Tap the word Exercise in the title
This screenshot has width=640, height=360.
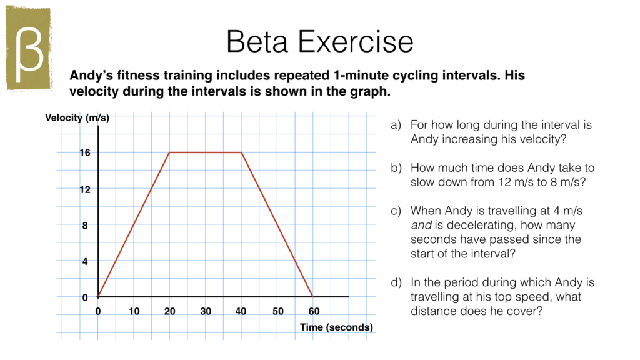[x=356, y=42]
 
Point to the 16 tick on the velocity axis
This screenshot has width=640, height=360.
[x=84, y=152]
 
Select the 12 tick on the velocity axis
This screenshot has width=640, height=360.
[x=84, y=189]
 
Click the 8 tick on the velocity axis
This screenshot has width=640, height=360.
[x=86, y=226]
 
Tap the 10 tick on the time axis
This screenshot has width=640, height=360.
[x=134, y=311]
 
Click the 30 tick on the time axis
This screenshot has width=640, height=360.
[x=206, y=311]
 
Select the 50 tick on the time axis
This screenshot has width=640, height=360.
[x=277, y=311]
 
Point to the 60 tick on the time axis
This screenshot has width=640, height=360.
[x=314, y=311]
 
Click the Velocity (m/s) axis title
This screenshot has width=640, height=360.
[x=77, y=118]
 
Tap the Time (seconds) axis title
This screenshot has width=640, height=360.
[x=336, y=327]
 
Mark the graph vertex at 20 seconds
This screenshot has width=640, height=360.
[x=169, y=152]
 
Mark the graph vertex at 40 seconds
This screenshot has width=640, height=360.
[x=242, y=152]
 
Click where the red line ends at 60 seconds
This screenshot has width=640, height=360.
[x=313, y=297]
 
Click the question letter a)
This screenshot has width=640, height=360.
[x=396, y=125]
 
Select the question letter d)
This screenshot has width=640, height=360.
[x=396, y=283]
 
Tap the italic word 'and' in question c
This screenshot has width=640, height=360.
[x=420, y=226]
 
